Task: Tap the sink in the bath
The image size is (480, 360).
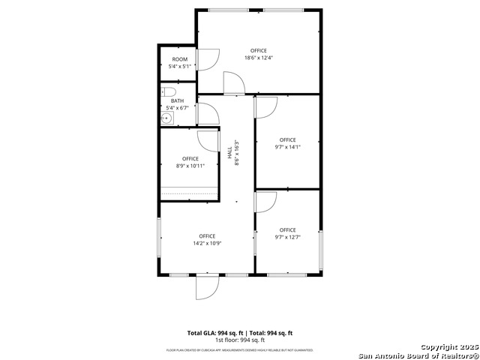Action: [x=166, y=117]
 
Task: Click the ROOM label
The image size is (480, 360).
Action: [x=179, y=59]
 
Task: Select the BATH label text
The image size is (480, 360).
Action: [x=177, y=100]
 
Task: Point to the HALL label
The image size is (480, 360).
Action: [x=229, y=153]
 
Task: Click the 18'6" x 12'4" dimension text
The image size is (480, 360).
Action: [x=258, y=58]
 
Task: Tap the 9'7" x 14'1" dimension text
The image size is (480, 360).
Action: [x=287, y=147]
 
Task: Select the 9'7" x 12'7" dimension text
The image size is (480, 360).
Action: [x=287, y=237]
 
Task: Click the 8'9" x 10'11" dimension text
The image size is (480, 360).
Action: [x=190, y=166]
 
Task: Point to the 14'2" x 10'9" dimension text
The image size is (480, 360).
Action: [x=207, y=243]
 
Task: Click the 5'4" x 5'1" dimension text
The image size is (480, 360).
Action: [x=179, y=66]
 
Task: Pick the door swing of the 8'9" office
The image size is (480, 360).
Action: [x=207, y=140]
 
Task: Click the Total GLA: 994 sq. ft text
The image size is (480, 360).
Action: [x=213, y=332]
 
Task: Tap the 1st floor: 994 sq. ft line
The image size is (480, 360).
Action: [x=239, y=340]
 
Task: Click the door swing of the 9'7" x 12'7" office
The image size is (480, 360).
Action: [x=266, y=201]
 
